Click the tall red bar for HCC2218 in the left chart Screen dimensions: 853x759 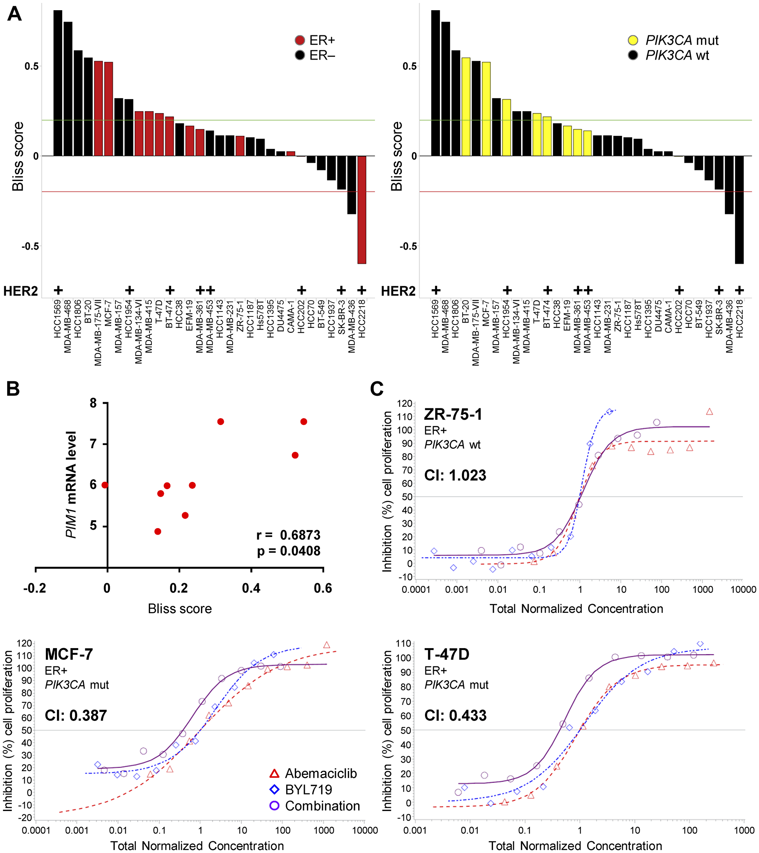[x=362, y=209]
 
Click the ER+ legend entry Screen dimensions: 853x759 [x=322, y=40]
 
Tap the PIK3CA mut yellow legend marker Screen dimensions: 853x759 [x=633, y=40]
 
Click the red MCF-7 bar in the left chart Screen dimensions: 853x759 [x=109, y=109]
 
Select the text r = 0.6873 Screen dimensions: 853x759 [x=288, y=535]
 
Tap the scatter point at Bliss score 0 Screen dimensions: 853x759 [x=105, y=485]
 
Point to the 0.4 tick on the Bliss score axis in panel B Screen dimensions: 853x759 [x=251, y=589]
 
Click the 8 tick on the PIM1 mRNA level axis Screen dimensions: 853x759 [x=93, y=403]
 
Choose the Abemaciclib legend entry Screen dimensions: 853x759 [x=320, y=773]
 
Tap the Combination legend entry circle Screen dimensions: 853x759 [x=274, y=806]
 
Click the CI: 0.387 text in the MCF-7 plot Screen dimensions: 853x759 [x=76, y=715]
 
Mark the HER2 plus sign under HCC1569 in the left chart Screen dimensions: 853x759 [x=58, y=290]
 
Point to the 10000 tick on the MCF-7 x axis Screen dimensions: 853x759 [x=365, y=831]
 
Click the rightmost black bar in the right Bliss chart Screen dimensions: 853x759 [x=739, y=209]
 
